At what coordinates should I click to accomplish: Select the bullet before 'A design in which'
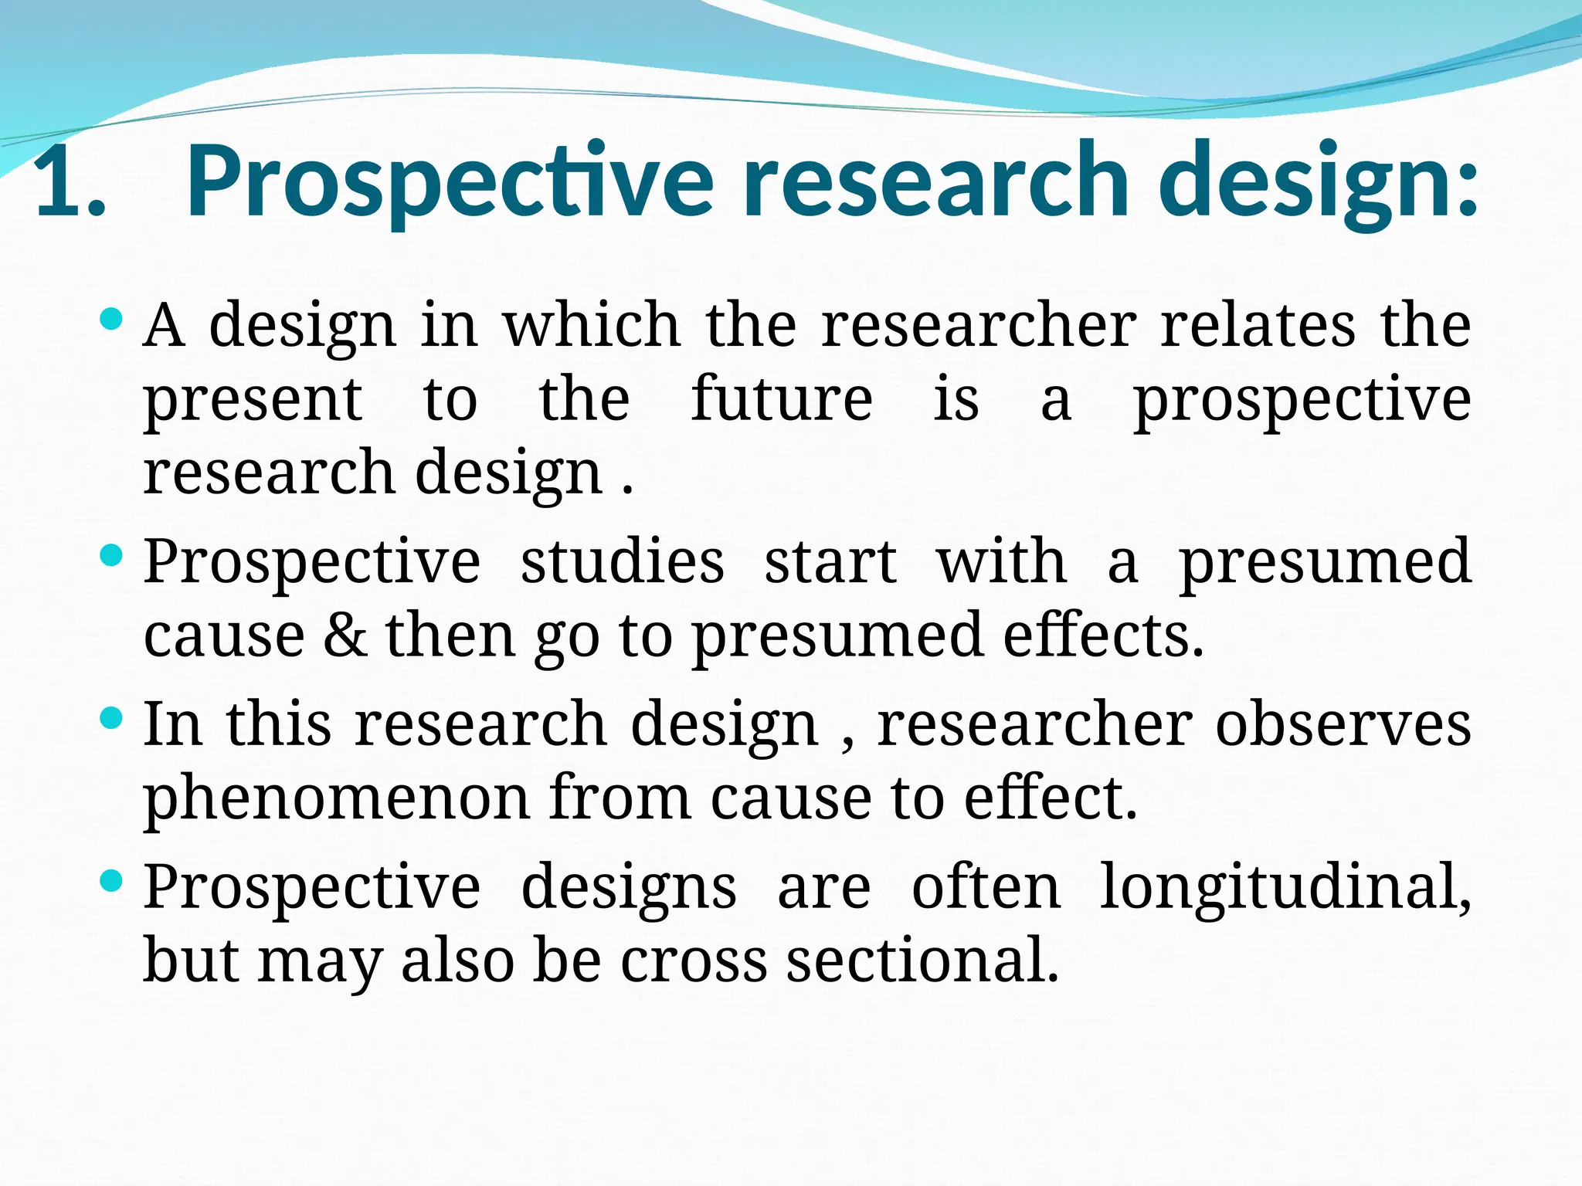(x=112, y=319)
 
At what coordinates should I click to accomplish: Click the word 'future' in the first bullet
(x=781, y=399)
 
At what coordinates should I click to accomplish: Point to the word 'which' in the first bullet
(x=592, y=325)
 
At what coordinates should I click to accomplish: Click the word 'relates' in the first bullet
(x=1258, y=325)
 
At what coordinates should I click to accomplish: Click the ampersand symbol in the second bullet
(x=345, y=635)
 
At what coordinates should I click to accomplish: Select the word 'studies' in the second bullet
(x=622, y=561)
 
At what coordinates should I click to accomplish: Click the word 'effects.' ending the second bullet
(x=1103, y=635)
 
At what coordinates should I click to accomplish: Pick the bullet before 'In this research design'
(x=112, y=718)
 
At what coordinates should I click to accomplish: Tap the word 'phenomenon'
(x=336, y=799)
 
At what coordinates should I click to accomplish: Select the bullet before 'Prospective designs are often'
(x=112, y=880)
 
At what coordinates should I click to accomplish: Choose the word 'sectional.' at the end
(x=922, y=961)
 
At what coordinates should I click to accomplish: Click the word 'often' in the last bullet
(x=986, y=887)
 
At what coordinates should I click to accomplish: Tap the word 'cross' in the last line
(x=694, y=961)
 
